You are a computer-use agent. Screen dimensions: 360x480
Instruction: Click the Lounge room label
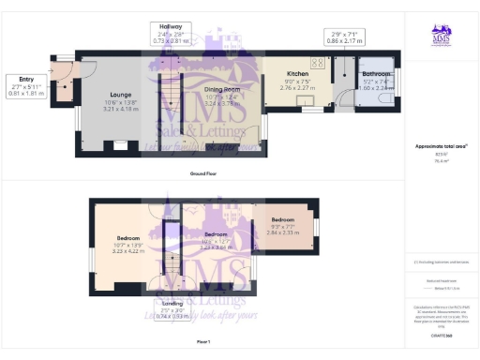[x=119, y=95]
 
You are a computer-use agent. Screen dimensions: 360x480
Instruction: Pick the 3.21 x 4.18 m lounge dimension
[x=119, y=110]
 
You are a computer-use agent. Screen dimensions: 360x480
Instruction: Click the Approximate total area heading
[x=441, y=145]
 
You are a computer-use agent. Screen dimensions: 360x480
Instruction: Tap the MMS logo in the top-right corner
[x=441, y=35]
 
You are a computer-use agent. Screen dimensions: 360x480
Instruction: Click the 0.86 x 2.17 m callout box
[x=341, y=38]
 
